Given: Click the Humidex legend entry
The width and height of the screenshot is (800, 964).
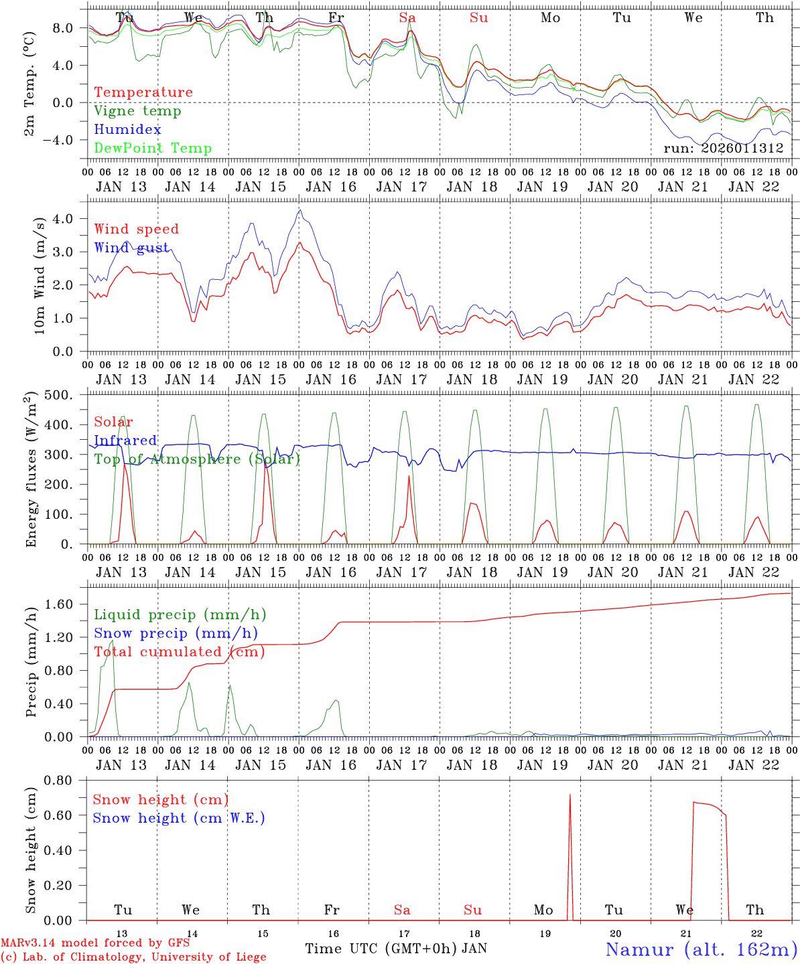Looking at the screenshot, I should tap(127, 130).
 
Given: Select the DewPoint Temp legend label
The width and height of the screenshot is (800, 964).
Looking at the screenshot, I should tap(153, 149).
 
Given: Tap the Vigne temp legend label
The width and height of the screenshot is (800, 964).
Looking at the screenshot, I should tap(137, 111).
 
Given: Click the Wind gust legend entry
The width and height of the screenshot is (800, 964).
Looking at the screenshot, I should tap(131, 248).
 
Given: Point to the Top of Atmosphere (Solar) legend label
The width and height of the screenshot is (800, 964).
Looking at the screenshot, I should tap(197, 459).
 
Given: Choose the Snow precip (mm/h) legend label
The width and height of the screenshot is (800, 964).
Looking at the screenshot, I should tap(176, 633).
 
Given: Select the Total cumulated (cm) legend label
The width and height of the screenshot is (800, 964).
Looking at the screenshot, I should tap(179, 652).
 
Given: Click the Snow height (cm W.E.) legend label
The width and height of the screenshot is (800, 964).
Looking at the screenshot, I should tap(178, 818).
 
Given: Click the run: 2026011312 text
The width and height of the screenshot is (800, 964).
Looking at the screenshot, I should tap(723, 149).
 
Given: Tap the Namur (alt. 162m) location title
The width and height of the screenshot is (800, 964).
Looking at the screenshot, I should tap(701, 949).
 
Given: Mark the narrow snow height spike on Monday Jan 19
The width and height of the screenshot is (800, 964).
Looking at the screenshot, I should tap(570, 797).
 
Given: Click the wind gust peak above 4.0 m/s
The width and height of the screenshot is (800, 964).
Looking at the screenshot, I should tap(300, 211).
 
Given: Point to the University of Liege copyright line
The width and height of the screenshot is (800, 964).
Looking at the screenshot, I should tap(133, 957).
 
